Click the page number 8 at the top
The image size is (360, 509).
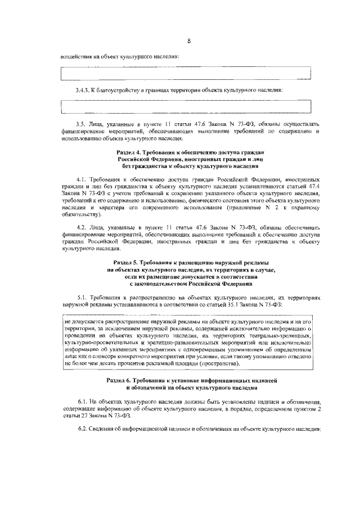(x=189, y=41)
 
